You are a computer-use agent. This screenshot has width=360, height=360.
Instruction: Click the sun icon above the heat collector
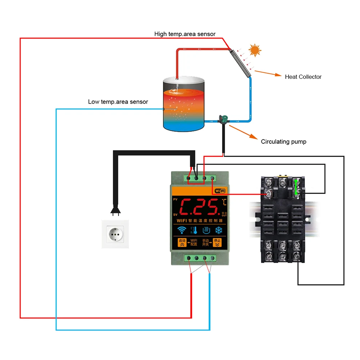click(255, 50)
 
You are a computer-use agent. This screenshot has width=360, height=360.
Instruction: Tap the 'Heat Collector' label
click(303, 77)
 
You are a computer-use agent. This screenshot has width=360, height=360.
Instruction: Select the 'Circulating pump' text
click(284, 142)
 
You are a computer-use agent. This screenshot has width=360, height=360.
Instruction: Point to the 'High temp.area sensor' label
click(185, 34)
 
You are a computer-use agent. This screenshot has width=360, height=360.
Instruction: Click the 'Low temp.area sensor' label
click(118, 102)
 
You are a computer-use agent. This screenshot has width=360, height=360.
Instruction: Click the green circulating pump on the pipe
click(224, 118)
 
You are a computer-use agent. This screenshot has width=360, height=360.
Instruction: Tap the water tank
click(184, 104)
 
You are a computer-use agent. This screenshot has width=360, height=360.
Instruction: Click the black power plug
click(115, 210)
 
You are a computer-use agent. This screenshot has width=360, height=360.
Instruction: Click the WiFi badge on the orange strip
click(220, 191)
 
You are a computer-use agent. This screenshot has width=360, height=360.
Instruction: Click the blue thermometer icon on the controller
click(194, 230)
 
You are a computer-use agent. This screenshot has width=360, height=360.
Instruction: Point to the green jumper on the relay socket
click(296, 187)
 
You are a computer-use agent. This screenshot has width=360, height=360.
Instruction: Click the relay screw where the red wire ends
click(268, 194)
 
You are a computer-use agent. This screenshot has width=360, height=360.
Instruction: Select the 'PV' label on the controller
click(175, 199)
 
